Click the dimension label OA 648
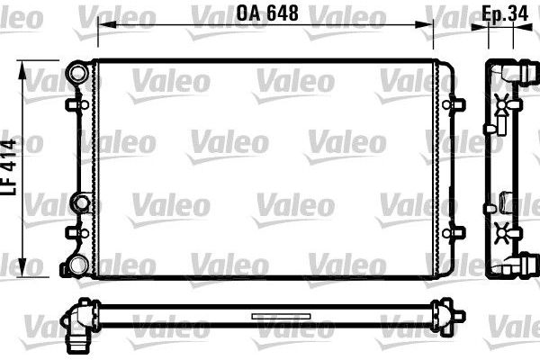pyautogui.click(x=266, y=13)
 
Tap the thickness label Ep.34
pyautogui.click(x=503, y=13)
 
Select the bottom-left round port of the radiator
pyautogui.click(x=79, y=265)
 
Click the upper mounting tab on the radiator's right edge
pyautogui.click(x=460, y=105)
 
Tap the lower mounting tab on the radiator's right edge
pyautogui.click(x=460, y=230)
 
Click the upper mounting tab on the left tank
pyautogui.click(x=71, y=105)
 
